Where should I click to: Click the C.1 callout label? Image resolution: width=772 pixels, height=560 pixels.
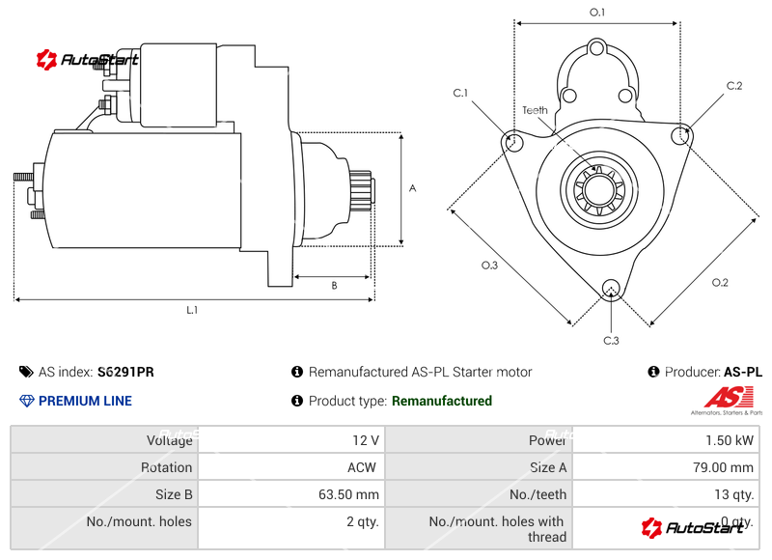click(460, 93)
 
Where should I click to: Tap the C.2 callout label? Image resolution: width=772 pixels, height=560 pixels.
click(734, 86)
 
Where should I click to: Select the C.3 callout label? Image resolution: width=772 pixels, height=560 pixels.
click(611, 340)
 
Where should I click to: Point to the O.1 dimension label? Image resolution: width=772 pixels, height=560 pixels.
click(597, 13)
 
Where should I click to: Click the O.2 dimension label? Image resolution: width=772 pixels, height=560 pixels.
click(720, 282)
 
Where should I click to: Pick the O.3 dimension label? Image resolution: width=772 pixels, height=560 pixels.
click(489, 266)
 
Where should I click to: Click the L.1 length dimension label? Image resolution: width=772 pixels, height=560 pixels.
click(192, 310)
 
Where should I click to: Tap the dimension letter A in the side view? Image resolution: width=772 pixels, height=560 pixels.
click(412, 188)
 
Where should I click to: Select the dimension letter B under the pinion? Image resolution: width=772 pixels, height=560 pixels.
click(334, 285)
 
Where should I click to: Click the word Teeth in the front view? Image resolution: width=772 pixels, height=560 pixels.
click(536, 110)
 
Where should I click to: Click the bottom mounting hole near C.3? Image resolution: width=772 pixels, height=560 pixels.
click(610, 288)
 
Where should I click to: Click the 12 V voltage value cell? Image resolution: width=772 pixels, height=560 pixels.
click(366, 440)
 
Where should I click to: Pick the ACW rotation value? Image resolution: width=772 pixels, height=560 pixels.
click(362, 467)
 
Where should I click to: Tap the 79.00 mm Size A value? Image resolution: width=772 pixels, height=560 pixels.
click(727, 467)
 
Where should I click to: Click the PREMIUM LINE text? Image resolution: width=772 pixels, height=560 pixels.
click(85, 401)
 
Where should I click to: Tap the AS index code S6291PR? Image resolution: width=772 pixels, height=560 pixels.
click(125, 372)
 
